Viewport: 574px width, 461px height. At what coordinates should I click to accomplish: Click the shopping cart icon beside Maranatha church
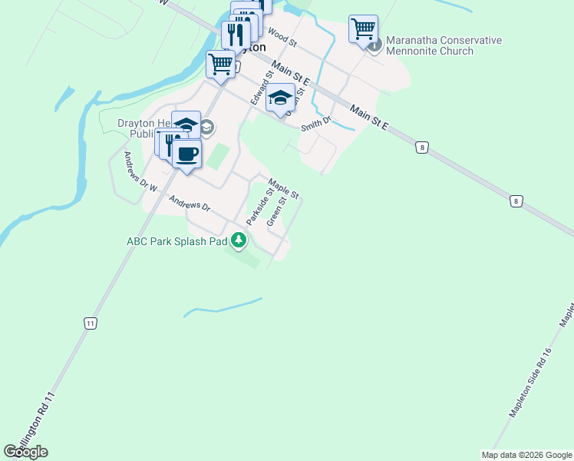(363, 29)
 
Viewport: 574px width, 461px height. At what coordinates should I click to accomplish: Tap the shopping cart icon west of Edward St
(220, 64)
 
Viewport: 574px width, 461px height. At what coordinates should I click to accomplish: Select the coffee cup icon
(186, 153)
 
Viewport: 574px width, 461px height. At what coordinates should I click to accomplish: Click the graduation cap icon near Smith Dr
(280, 98)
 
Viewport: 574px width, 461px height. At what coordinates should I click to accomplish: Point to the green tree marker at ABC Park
(239, 241)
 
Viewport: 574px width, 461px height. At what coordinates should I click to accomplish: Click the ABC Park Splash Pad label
(177, 241)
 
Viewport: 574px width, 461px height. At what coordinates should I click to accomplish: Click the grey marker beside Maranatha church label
(374, 46)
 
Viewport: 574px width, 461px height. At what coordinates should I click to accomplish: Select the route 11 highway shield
(91, 323)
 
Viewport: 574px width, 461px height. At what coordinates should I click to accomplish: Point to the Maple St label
(282, 187)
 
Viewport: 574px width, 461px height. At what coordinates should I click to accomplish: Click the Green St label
(276, 211)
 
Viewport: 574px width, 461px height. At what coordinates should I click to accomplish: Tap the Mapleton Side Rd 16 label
(531, 382)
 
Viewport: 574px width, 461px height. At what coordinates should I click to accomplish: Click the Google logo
(25, 452)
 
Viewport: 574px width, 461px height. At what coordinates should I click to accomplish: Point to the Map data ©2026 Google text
(526, 455)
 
